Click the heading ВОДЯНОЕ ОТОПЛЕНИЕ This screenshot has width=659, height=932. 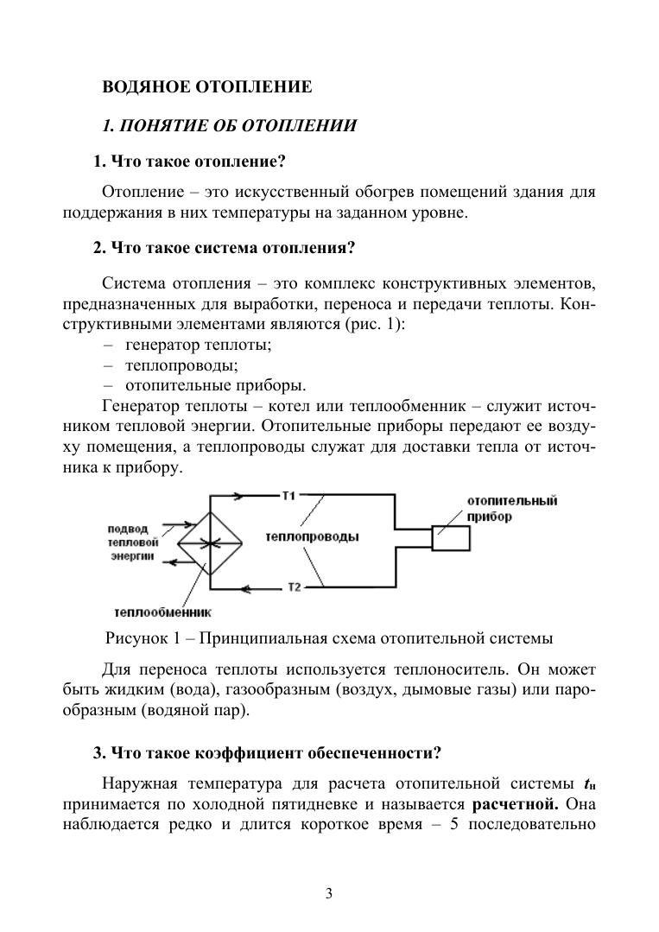tap(206, 86)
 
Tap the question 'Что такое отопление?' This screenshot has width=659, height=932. tap(189, 162)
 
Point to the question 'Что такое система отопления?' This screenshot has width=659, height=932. tap(225, 248)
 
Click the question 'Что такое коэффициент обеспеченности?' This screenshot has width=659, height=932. tap(267, 752)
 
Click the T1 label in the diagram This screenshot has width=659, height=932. tap(288, 495)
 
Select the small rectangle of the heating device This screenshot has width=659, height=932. tap(450, 537)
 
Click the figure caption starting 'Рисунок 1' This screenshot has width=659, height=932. tap(328, 639)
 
